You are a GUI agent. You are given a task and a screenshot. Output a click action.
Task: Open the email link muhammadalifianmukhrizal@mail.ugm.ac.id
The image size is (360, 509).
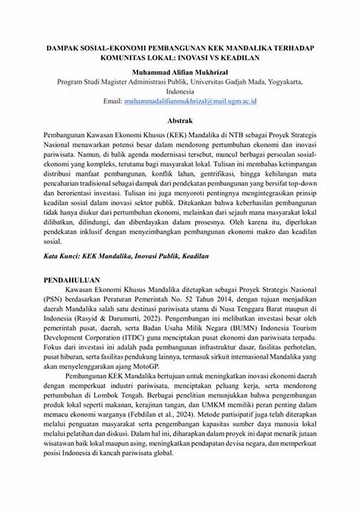click(191, 102)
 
